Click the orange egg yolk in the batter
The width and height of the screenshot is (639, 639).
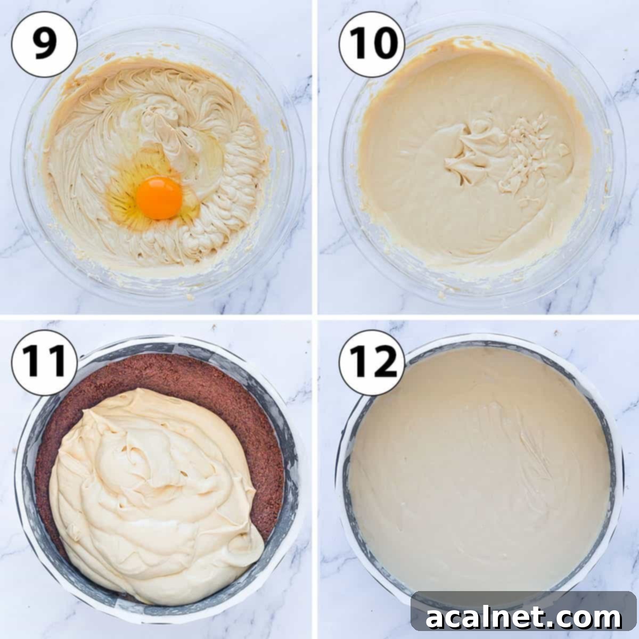pos(159,198)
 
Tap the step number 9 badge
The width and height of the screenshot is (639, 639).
pos(45,45)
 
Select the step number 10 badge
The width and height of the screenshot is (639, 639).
pos(372,45)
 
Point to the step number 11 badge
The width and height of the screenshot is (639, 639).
pos(45,362)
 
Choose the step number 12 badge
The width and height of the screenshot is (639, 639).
pos(372,362)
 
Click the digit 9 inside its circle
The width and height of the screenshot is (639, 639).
pos(45,45)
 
